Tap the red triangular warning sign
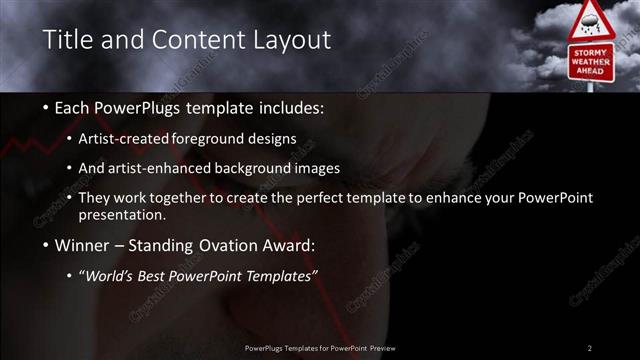tap(592, 20)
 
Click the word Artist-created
tap(124, 138)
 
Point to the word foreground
tap(209, 138)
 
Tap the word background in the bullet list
tap(264, 168)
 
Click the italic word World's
tap(108, 277)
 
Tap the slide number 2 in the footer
tap(589, 348)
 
